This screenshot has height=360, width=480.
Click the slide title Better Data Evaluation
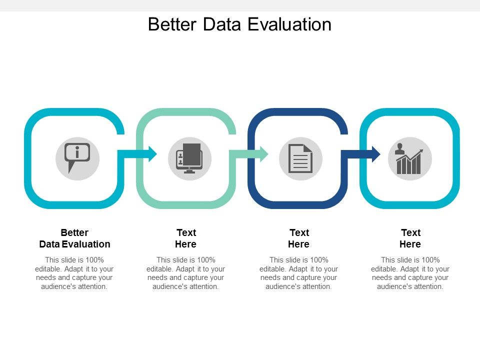click(x=239, y=24)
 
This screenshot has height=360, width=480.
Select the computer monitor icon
click(x=189, y=158)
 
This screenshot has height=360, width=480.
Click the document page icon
click(x=300, y=158)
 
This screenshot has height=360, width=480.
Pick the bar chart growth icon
click(x=409, y=160)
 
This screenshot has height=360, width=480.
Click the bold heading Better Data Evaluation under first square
click(x=74, y=238)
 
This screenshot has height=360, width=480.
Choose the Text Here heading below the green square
click(x=186, y=238)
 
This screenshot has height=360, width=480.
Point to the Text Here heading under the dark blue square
click(x=299, y=238)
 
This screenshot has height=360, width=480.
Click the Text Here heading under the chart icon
click(x=410, y=238)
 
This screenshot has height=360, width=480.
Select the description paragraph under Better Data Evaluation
click(x=74, y=273)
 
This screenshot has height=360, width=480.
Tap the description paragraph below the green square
click(x=186, y=273)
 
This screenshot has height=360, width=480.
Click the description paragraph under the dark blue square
click(x=299, y=273)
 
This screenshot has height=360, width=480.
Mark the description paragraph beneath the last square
click(x=410, y=273)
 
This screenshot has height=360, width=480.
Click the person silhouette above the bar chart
click(x=399, y=148)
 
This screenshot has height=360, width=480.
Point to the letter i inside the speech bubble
click(x=77, y=151)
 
